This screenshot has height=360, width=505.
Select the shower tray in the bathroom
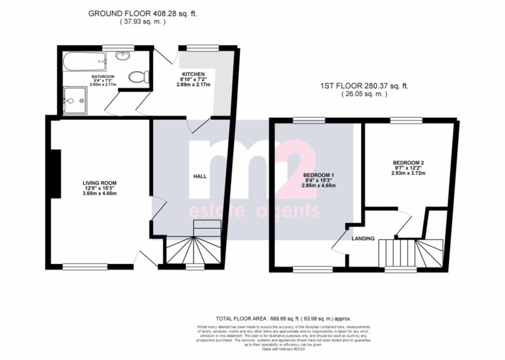pyautogui.click(x=75, y=101)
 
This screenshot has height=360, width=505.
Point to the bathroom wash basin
pyautogui.click(x=123, y=56)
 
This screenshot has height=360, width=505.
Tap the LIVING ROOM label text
pyautogui.click(x=100, y=183)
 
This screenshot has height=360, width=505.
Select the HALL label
pyautogui.click(x=200, y=176)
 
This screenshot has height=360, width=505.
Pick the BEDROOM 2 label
pyautogui.click(x=408, y=163)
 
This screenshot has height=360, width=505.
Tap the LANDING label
pyautogui.click(x=363, y=239)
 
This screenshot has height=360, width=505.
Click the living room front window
pyautogui.click(x=85, y=267)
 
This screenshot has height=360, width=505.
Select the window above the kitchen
pyautogui.click(x=203, y=48)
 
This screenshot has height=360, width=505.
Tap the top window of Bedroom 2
pyautogui.click(x=406, y=120)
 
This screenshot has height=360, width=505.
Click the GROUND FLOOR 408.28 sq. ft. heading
pyautogui.click(x=143, y=14)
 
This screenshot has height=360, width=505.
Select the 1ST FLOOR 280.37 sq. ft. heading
pyautogui.click(x=364, y=86)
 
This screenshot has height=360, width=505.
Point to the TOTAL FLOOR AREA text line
pyautogui.click(x=284, y=319)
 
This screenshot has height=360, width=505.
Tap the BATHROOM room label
pyautogui.click(x=103, y=77)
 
